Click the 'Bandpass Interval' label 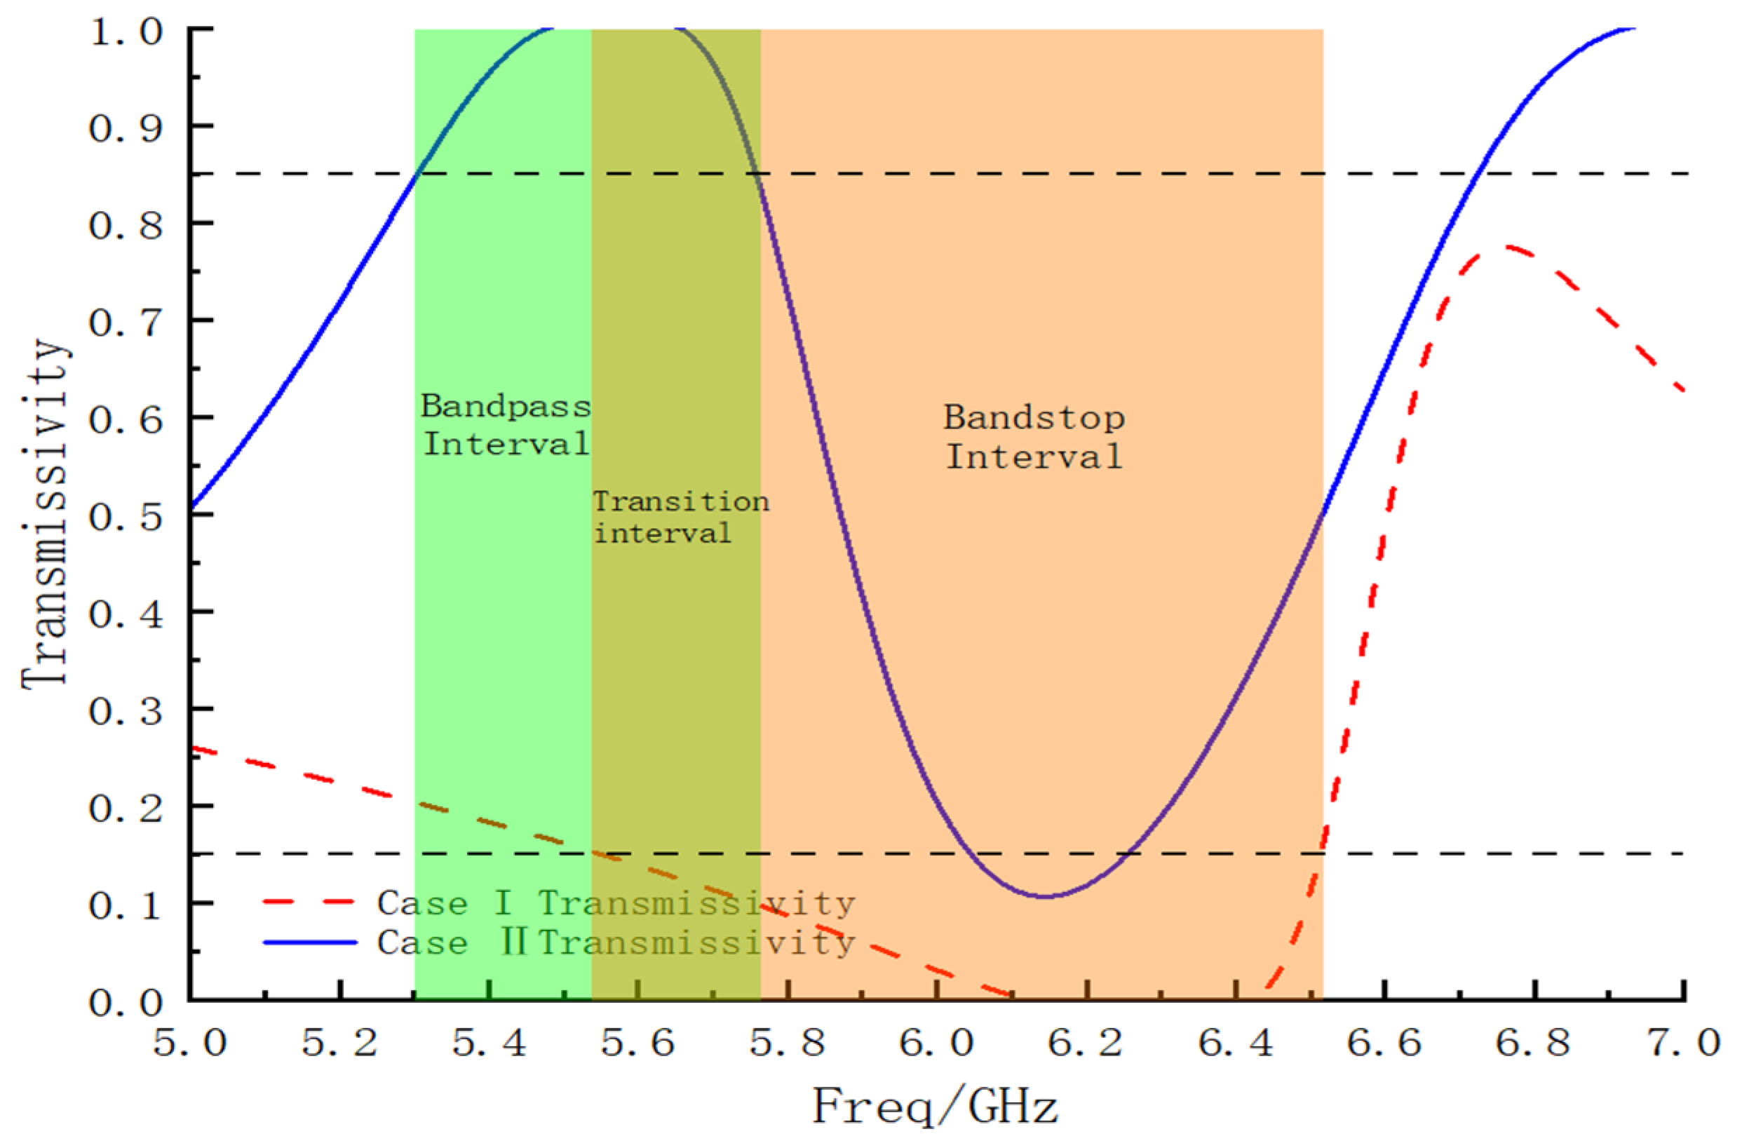tap(505, 426)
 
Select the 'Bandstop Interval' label tap(1034, 437)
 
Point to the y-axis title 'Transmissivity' tap(46, 513)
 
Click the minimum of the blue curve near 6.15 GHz tap(1045, 896)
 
